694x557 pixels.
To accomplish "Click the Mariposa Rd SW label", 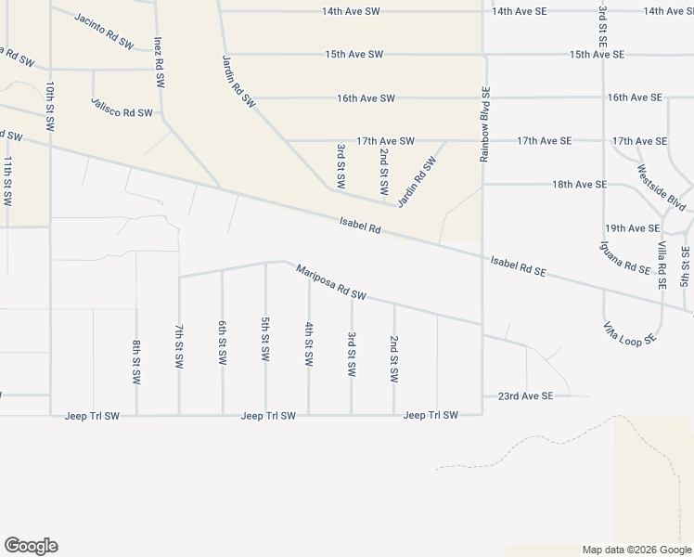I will point(331,282).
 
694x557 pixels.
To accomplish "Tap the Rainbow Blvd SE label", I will point(484,123).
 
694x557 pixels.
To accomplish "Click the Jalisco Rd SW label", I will point(122,107).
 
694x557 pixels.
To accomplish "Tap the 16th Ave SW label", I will point(366,97).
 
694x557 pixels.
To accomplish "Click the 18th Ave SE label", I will point(579,185).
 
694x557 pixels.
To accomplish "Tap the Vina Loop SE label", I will point(630,333).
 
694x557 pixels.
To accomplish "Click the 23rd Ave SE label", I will point(524,395).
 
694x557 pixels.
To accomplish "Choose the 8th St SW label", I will point(135,362).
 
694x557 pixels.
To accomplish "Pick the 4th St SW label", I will point(308,343).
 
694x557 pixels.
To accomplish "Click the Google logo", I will point(31,546).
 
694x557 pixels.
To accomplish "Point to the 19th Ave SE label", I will point(632,227).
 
